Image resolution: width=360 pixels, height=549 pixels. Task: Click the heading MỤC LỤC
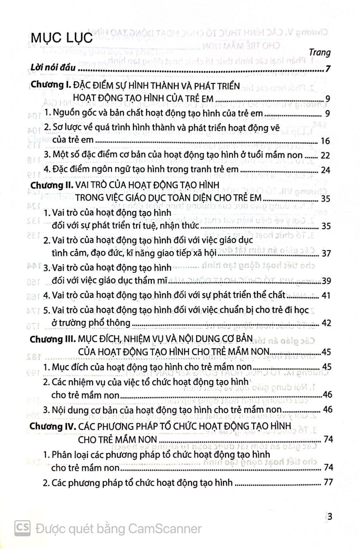pyautogui.click(x=62, y=38)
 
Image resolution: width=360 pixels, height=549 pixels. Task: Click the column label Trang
pyautogui.click(x=320, y=53)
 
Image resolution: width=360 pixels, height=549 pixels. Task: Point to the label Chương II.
pyautogui.click(x=52, y=185)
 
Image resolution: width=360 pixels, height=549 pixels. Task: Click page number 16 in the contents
pyautogui.click(x=326, y=141)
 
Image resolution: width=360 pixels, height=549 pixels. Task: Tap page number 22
pyautogui.click(x=326, y=156)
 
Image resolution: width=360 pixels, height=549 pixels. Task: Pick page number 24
pyautogui.click(x=326, y=170)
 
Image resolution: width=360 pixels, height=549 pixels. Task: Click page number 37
pyautogui.click(x=326, y=253)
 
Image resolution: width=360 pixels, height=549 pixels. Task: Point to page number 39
pyautogui.click(x=326, y=281)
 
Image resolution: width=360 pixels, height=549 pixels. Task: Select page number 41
pyautogui.click(x=326, y=296)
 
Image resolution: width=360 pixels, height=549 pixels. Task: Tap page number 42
pyautogui.click(x=326, y=323)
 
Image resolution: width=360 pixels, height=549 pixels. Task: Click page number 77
pyautogui.click(x=328, y=482)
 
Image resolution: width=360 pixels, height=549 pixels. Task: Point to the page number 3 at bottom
pyautogui.click(x=329, y=516)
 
